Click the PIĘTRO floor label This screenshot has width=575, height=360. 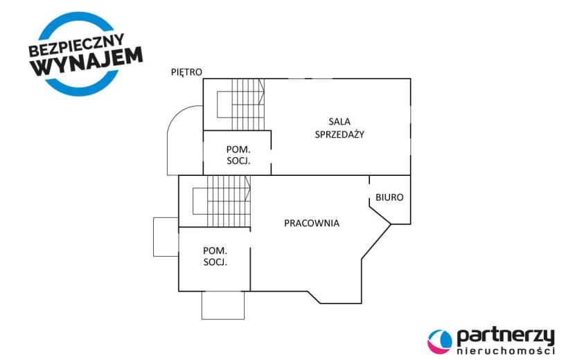click(x=186, y=72)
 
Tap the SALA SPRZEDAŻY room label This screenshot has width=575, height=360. click(x=339, y=128)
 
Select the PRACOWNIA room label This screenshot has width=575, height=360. click(x=312, y=223)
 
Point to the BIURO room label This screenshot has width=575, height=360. click(x=389, y=197)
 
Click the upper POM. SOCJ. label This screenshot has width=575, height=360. click(x=238, y=155)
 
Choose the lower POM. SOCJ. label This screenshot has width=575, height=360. click(x=215, y=256)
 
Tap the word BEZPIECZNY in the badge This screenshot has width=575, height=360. click(x=76, y=44)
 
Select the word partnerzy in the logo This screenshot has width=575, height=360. click(x=506, y=336)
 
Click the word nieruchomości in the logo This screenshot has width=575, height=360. click(x=506, y=351)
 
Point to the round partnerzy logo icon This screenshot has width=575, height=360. click(x=440, y=341)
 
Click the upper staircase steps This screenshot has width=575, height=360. click(x=248, y=104)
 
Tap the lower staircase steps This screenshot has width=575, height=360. click(x=229, y=201)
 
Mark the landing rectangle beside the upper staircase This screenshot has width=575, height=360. click(x=224, y=105)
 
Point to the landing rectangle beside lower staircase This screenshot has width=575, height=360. click(x=200, y=201)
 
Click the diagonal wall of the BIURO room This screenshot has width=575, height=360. click(x=380, y=216)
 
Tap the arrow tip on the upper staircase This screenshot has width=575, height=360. click(x=264, y=91)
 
